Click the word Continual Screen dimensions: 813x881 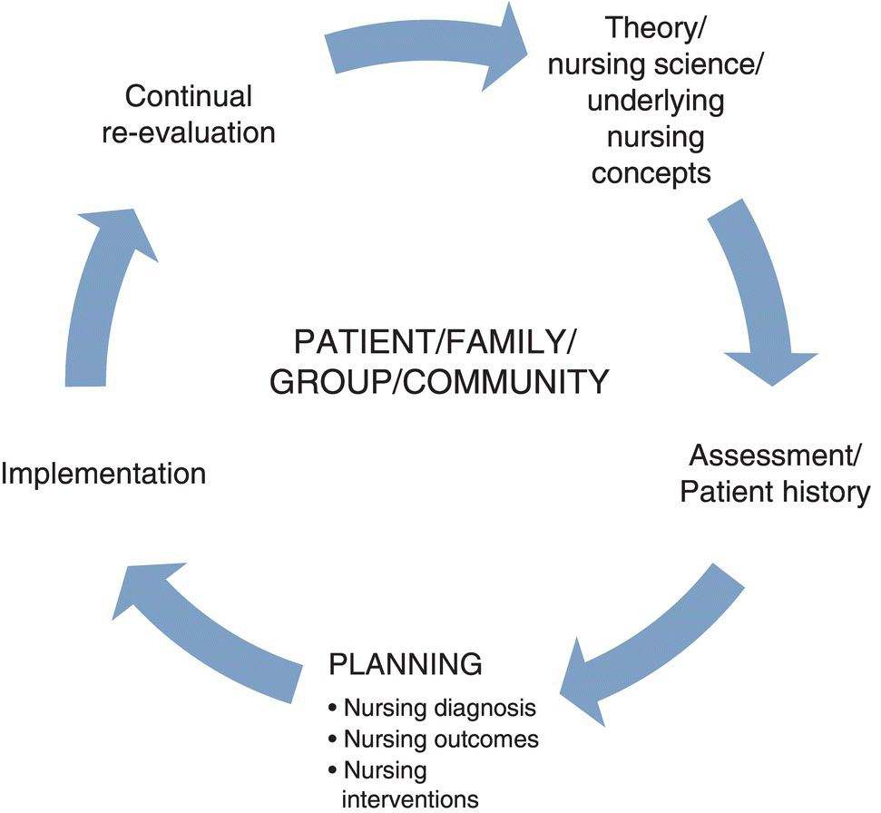pyautogui.click(x=189, y=96)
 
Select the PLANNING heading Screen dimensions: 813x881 pyautogui.click(x=404, y=664)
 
